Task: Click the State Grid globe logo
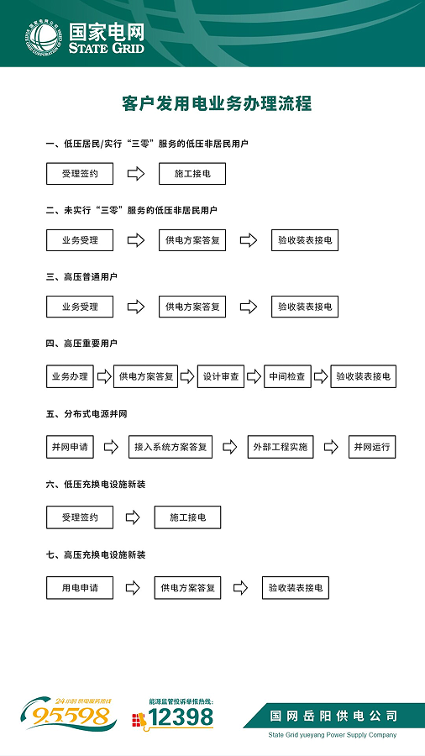44,38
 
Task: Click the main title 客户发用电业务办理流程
217,103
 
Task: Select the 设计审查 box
221,376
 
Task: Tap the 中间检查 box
287,376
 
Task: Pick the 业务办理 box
70,376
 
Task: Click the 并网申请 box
70,447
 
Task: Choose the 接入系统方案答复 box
171,447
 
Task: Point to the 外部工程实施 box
281,447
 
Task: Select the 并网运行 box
372,447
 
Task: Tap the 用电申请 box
80,588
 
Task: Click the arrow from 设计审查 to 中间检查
254,376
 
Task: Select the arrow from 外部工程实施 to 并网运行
331,447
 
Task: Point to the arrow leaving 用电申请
133,588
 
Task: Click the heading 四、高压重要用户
82,344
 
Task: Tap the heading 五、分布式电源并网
87,413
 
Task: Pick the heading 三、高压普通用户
82,276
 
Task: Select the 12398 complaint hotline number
181,718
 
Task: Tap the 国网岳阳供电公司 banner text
333,716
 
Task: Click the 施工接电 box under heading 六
187,517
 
